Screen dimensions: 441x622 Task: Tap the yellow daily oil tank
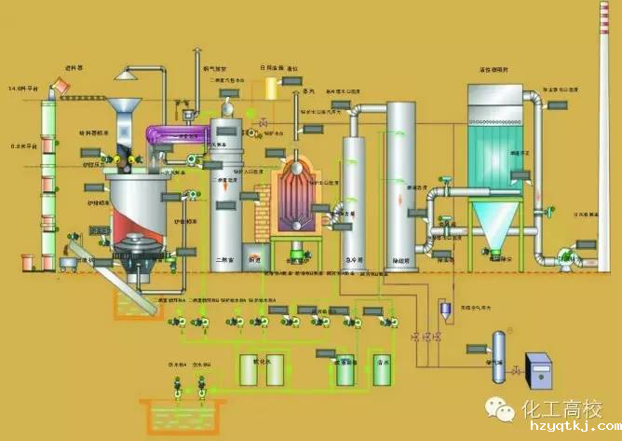(273, 89)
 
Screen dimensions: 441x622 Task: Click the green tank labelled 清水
(381, 372)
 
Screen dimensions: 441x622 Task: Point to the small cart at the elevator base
(67, 266)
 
